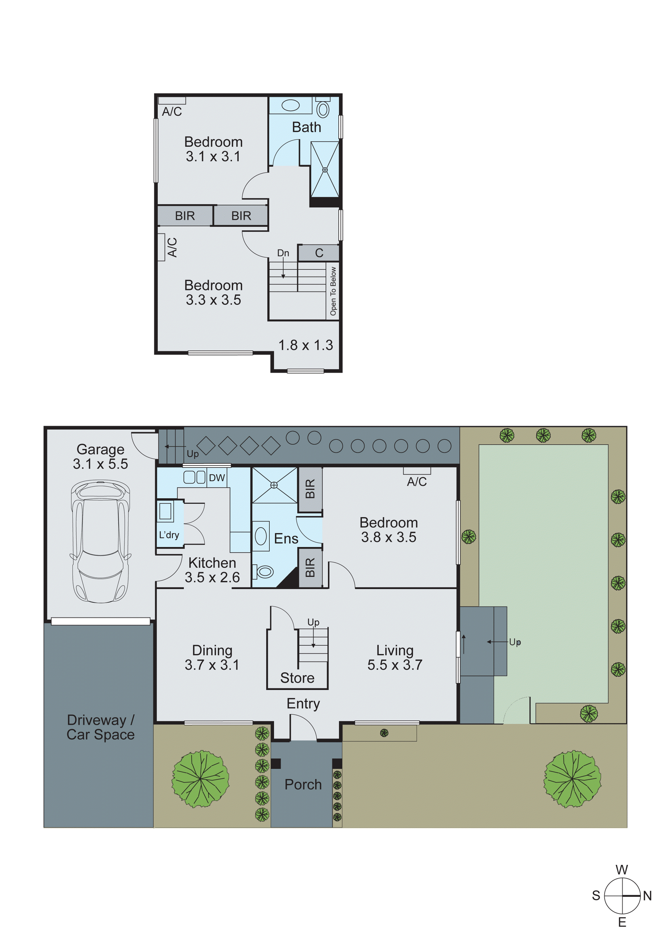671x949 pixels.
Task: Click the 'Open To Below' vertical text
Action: (x=333, y=291)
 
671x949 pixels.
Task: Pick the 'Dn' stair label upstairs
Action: (x=283, y=253)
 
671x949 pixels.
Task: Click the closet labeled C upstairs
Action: (x=319, y=253)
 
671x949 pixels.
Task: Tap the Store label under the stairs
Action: (x=297, y=678)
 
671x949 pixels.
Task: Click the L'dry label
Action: (x=169, y=535)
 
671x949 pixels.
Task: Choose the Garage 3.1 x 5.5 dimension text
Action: (x=100, y=464)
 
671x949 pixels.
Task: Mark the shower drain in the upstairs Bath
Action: (x=325, y=170)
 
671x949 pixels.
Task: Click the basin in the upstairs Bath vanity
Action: (x=291, y=105)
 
